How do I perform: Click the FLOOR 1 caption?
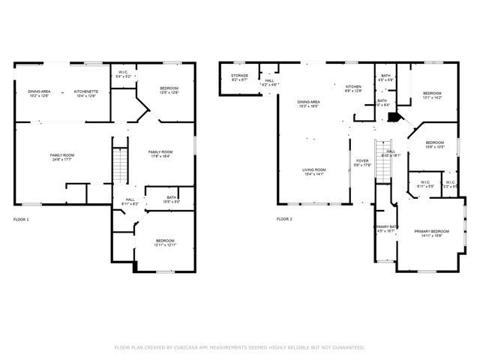click(x=21, y=219)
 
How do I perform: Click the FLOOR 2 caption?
click(x=283, y=219)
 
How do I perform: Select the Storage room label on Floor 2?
click(x=239, y=75)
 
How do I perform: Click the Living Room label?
click(x=313, y=169)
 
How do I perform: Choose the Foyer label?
click(x=362, y=160)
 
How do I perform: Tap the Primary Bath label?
click(x=386, y=226)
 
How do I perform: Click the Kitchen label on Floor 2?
click(x=353, y=87)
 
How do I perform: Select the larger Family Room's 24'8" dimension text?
click(x=61, y=159)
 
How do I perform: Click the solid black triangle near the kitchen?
click(x=395, y=118)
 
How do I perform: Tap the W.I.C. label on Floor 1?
click(x=124, y=73)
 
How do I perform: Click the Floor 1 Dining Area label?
click(x=40, y=91)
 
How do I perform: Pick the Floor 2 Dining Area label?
click(x=308, y=102)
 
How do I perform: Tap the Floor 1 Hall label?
click(x=129, y=200)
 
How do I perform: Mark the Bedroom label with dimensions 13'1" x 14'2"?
click(x=433, y=93)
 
